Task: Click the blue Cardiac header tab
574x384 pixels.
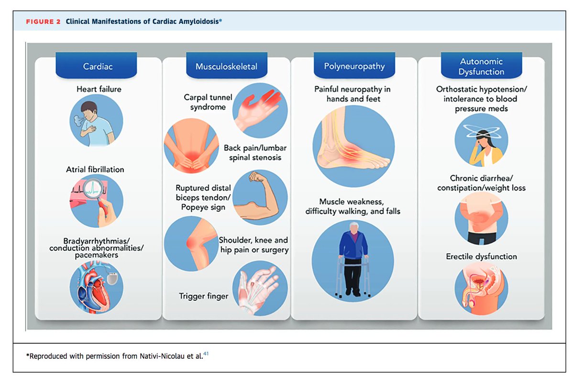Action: [x=98, y=66]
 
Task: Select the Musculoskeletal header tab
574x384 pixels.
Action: [x=225, y=66]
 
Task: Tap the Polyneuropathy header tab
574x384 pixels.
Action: [x=354, y=66]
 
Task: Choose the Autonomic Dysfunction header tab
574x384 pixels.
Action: [x=481, y=67]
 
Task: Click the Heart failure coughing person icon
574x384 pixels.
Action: [x=96, y=120]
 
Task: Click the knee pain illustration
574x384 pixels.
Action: [x=191, y=243]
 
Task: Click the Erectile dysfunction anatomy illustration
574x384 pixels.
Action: [x=481, y=288]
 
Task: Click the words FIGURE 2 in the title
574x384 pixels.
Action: [x=43, y=21]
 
